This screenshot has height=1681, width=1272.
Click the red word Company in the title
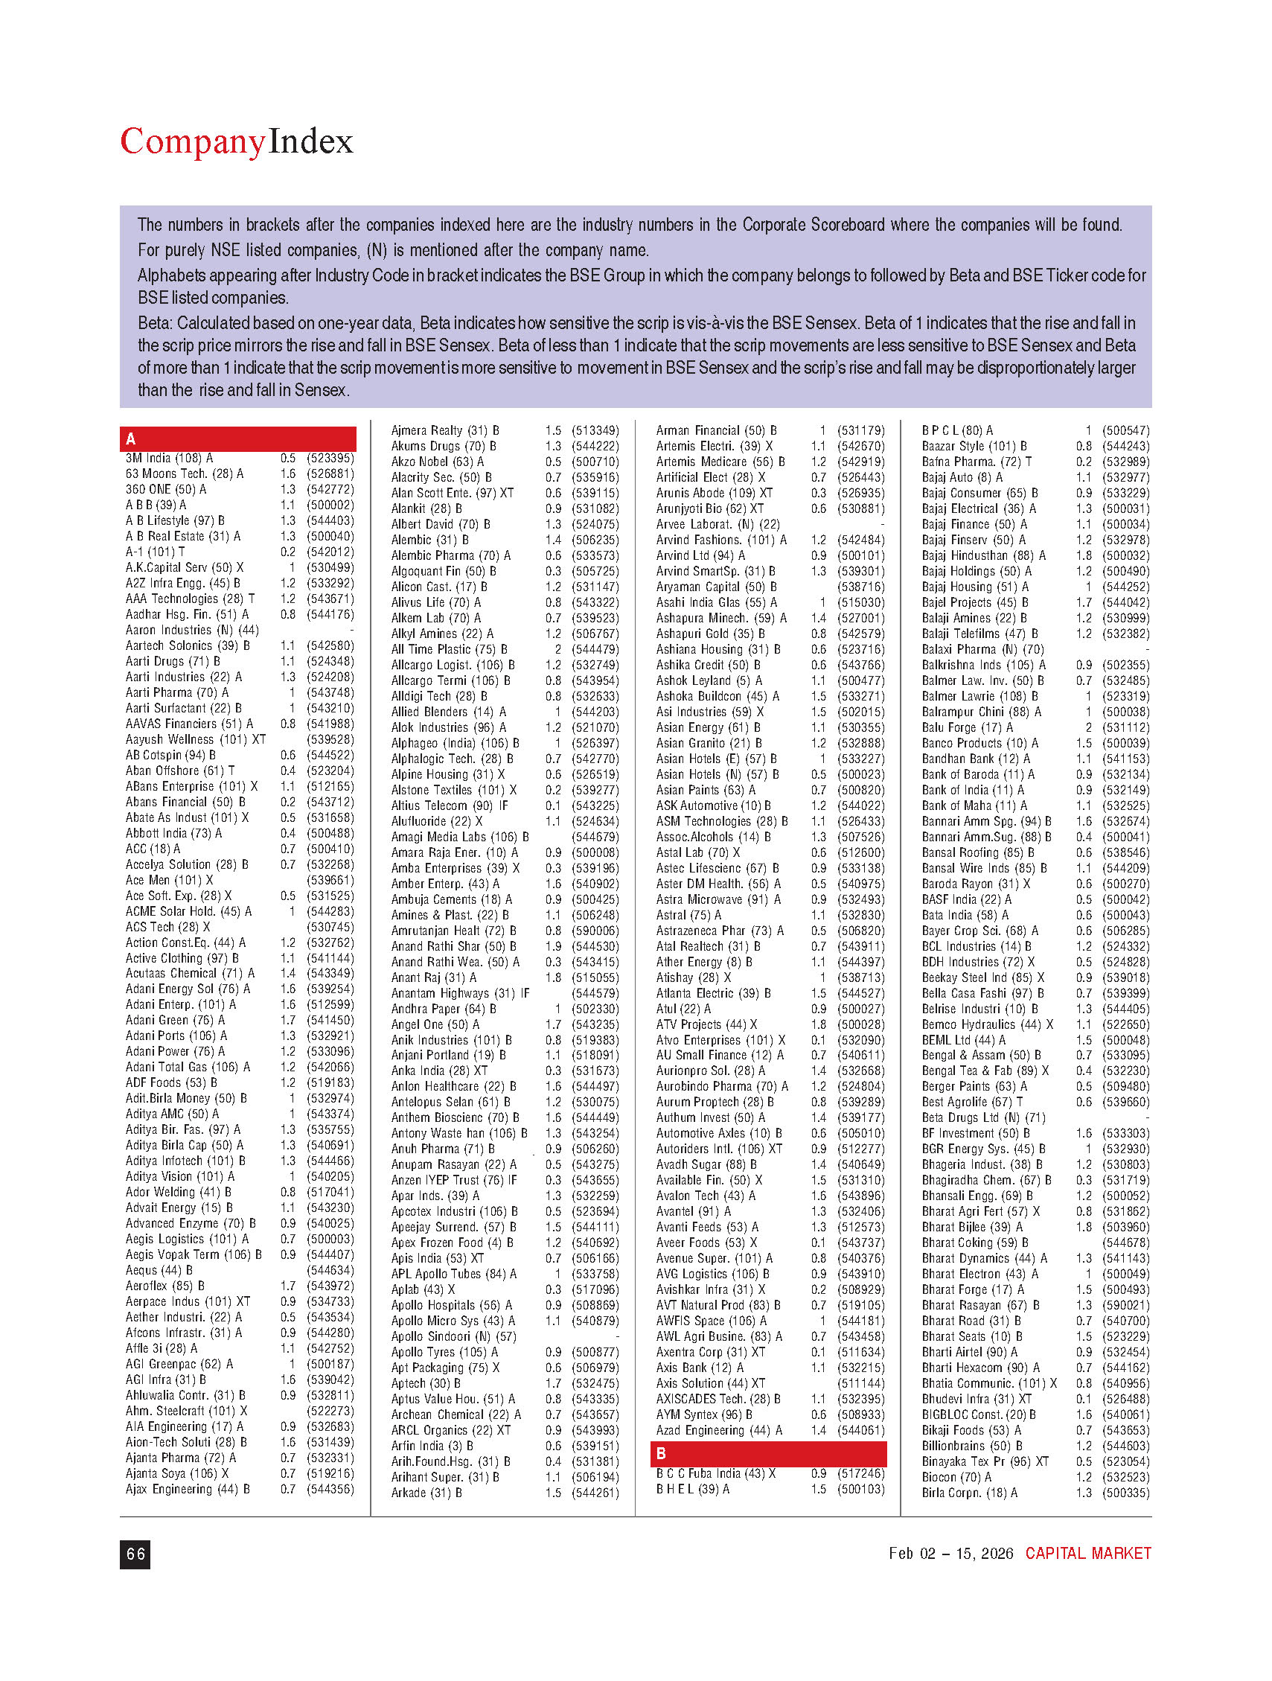point(192,142)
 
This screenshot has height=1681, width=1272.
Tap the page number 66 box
point(135,1554)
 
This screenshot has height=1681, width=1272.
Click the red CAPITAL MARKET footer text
point(1087,1554)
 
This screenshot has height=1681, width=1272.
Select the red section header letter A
point(131,439)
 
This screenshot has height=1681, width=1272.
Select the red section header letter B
point(661,1454)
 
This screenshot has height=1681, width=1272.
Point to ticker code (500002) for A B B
point(330,505)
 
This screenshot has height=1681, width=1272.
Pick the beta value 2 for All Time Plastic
point(557,650)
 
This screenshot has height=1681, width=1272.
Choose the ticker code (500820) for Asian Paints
point(861,791)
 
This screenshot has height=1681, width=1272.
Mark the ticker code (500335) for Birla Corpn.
point(1126,1493)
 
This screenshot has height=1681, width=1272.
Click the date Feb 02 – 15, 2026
point(950,1554)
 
